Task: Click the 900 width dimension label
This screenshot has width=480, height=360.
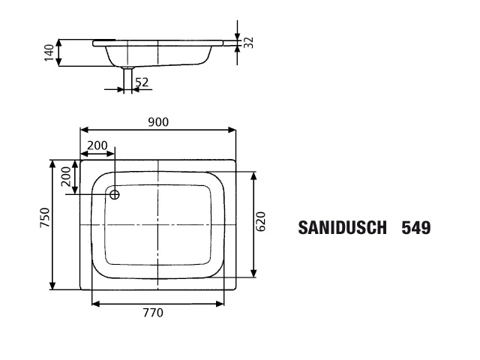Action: [158, 122]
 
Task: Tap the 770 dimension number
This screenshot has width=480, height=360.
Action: [153, 313]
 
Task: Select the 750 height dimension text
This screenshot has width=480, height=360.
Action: [45, 217]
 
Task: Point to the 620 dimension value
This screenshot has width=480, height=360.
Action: [260, 222]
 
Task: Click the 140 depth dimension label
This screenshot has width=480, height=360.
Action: [49, 53]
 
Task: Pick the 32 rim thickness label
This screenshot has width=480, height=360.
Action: [249, 43]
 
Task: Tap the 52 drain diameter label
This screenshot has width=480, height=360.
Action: [142, 82]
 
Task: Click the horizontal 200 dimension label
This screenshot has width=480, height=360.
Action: [97, 145]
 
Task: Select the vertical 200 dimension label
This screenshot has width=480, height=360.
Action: [66, 176]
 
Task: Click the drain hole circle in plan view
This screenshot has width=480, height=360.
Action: [115, 194]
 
